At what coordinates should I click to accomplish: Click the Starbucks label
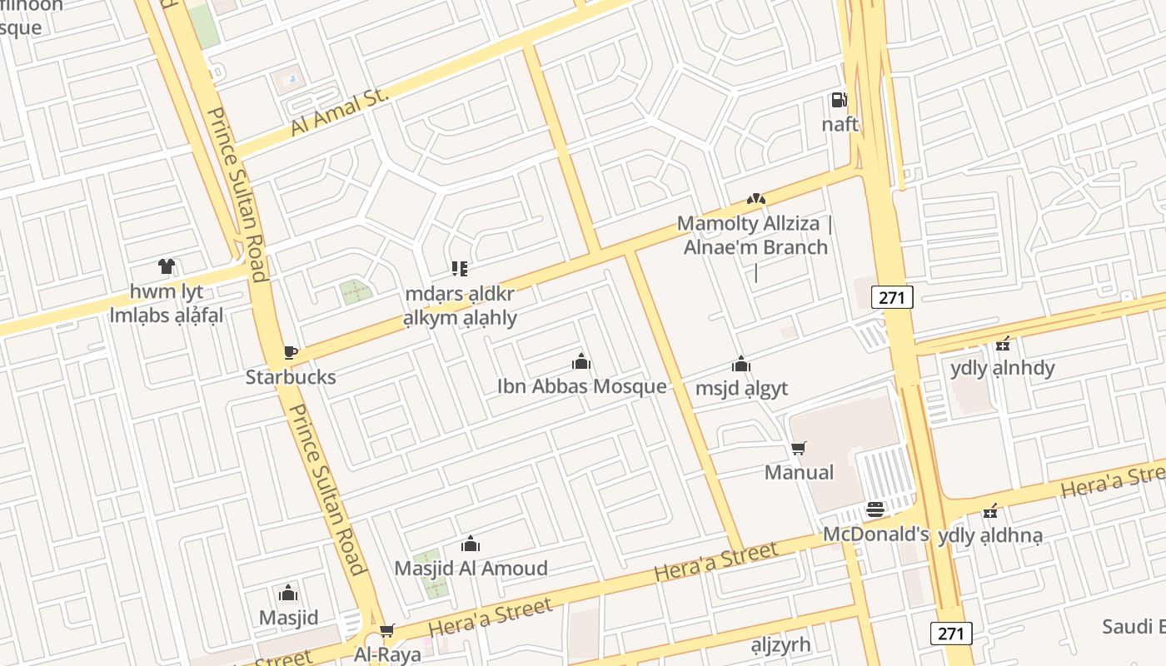291,377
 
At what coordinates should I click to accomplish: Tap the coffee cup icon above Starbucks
290,353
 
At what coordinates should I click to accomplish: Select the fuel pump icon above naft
839,101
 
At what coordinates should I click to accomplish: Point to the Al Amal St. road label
340,114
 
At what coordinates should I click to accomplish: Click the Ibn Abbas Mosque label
581,386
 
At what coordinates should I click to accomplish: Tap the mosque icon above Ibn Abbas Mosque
581,362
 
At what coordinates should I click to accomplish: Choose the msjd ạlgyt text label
741,388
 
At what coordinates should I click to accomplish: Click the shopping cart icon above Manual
799,449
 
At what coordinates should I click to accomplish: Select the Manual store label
799,472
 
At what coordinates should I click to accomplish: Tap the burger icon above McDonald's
874,509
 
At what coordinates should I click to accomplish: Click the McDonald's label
875,534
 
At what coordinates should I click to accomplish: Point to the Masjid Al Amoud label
471,569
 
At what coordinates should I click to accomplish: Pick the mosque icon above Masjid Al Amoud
471,544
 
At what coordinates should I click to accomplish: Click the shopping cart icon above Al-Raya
386,631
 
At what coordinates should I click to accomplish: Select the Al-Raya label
387,654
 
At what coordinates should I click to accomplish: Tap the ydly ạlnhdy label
1002,368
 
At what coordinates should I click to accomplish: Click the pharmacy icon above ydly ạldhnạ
990,511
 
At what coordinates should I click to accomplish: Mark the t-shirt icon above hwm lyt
167,267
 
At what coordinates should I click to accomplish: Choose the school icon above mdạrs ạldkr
460,269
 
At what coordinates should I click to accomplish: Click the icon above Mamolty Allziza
755,199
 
